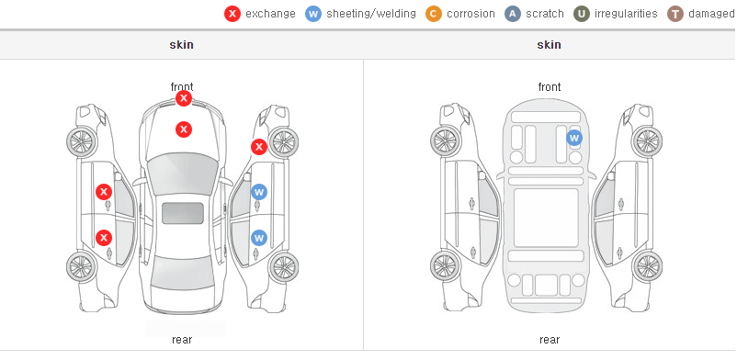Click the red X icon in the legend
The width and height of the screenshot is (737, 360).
pos(232,14)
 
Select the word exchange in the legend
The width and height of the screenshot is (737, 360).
pos(270,14)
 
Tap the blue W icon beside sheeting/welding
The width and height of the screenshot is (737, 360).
pos(313,14)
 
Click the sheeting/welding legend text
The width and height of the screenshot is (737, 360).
pos(371,14)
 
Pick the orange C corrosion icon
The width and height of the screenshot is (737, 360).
pos(434,14)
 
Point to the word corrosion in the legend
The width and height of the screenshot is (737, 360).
pos(471,14)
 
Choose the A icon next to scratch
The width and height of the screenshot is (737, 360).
pos(513,14)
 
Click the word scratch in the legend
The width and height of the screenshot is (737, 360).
pos(545,14)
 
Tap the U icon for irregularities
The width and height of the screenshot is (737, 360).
pos(582,14)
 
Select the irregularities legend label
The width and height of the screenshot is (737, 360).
pos(626,14)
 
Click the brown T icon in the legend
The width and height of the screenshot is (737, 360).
pos(675,14)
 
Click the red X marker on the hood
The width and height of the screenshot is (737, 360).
pos(184,129)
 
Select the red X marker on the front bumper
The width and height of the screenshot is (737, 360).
pos(184,98)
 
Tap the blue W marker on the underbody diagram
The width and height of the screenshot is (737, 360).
pos(574,138)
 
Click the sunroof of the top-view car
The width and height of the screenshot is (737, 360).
pos(183,213)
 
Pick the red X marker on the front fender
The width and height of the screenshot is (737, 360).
pos(259,147)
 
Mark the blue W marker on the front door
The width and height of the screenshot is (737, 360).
pos(259,192)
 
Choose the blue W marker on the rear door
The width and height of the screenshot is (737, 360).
pos(259,238)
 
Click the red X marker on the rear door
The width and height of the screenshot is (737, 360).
pos(104,238)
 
